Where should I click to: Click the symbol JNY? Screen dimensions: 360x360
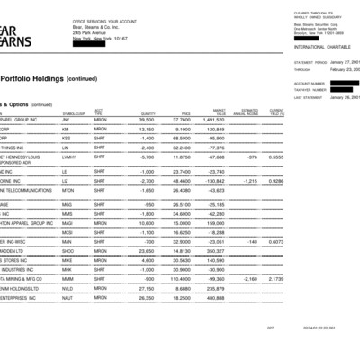pos(67,118)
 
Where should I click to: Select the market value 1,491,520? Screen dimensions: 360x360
pos(212,118)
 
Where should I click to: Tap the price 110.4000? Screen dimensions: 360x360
pos(178,280)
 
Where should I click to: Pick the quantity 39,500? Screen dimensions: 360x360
pos(146,118)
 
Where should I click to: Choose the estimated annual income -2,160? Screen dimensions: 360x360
pos(249,280)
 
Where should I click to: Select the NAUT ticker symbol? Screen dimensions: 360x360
pos(68,299)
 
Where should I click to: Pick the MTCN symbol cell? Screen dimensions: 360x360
pos(68,191)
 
